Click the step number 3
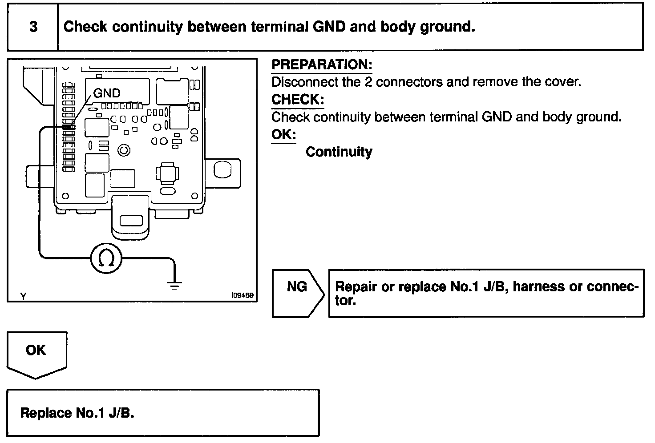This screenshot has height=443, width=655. pyautogui.click(x=33, y=27)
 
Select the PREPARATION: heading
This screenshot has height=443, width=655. pyautogui.click(x=322, y=64)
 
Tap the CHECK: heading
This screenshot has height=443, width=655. pyautogui.click(x=298, y=100)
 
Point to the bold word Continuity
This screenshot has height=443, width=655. pyautogui.click(x=339, y=152)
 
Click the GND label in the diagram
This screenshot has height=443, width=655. pyautogui.click(x=107, y=93)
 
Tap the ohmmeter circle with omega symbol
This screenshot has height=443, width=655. pyautogui.click(x=106, y=258)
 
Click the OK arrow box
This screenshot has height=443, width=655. pyautogui.click(x=36, y=354)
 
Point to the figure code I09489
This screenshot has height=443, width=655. pyautogui.click(x=242, y=295)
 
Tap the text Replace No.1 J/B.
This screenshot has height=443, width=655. pyautogui.click(x=77, y=413)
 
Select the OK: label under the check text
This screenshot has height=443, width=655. pyautogui.click(x=283, y=134)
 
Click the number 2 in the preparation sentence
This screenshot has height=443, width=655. pyautogui.click(x=368, y=82)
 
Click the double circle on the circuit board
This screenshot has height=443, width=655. pyautogui.click(x=124, y=150)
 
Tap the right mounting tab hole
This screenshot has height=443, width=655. pyautogui.click(x=222, y=169)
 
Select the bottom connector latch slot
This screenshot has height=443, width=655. pyautogui.click(x=131, y=221)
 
